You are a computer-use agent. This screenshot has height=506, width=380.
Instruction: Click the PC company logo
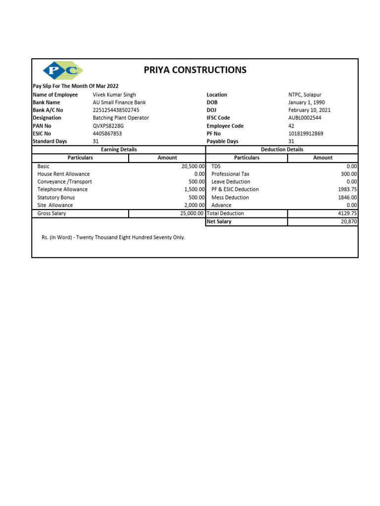[63, 71]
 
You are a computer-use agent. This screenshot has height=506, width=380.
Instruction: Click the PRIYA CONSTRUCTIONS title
[195, 70]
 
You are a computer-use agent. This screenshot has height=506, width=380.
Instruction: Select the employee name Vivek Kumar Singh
[114, 95]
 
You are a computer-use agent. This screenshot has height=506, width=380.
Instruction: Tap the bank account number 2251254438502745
[116, 110]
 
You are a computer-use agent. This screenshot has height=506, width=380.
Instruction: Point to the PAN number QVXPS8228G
[108, 126]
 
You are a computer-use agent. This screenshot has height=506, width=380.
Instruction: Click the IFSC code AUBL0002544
[304, 118]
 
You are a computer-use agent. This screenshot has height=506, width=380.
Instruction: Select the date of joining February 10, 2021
[309, 110]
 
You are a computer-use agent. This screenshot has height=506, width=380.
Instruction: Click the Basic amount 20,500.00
[193, 167]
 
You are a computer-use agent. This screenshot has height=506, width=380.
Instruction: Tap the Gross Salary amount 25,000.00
[191, 213]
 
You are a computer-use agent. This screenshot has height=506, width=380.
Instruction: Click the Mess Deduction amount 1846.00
[346, 198]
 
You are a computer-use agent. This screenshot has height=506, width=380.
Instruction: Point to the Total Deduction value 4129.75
[346, 213]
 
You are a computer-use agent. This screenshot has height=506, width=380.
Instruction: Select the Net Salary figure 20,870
[347, 222]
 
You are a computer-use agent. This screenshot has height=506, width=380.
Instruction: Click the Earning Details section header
[119, 149]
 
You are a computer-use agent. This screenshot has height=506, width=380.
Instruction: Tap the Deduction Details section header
[282, 149]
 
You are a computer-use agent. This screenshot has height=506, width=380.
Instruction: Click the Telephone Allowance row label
[62, 189]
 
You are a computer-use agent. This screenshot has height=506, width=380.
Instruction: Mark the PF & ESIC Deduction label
[235, 189]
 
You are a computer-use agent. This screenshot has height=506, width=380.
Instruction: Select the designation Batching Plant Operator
[121, 118]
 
